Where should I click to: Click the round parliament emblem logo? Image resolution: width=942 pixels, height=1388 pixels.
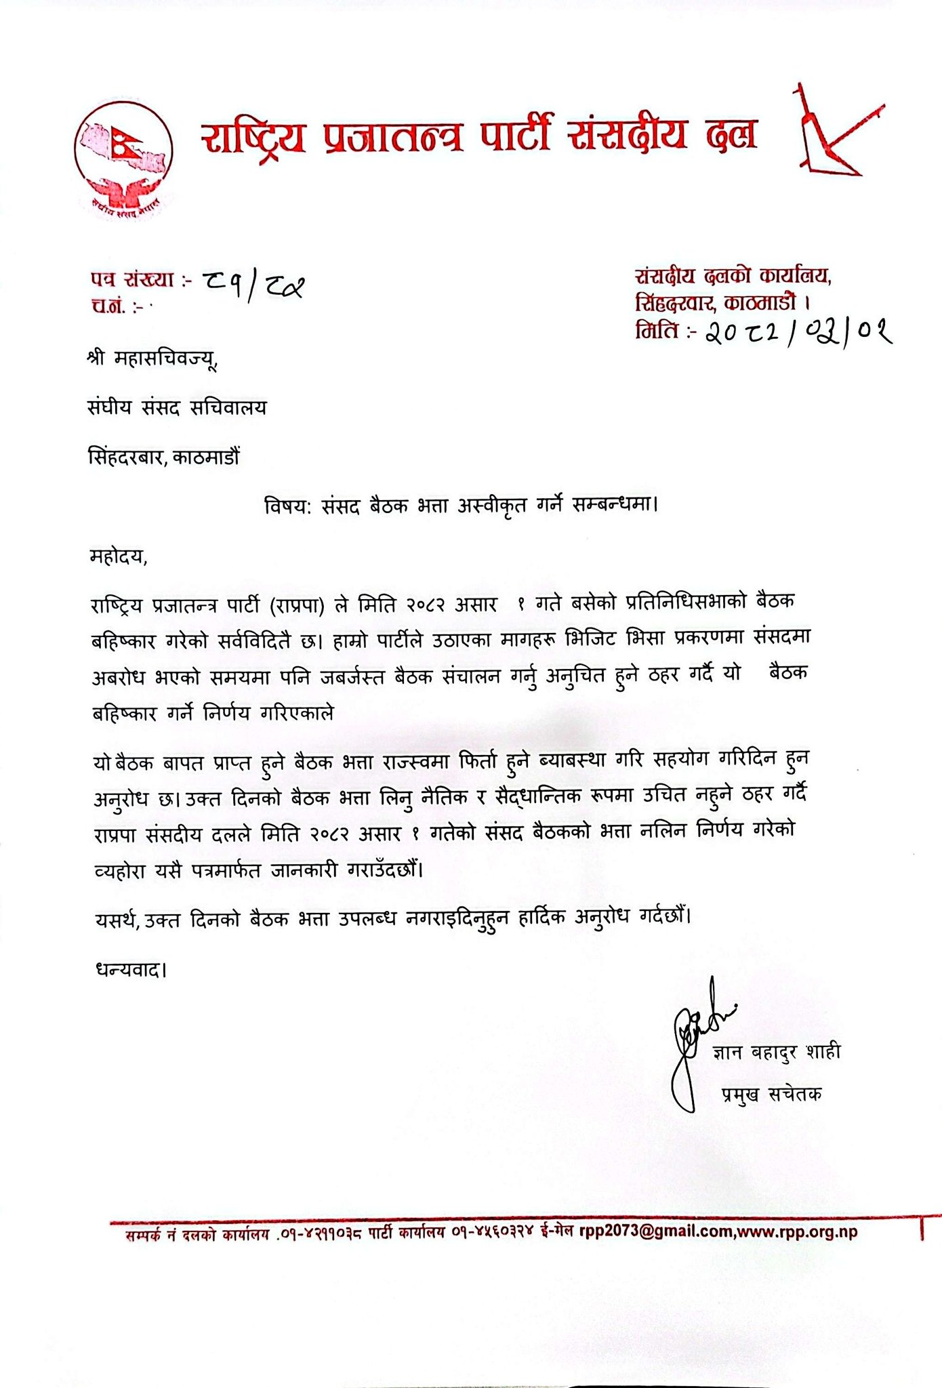[x=123, y=158]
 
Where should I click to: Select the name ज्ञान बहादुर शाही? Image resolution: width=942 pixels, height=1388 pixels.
[x=776, y=1052]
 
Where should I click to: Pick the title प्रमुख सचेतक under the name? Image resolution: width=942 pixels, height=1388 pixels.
[x=771, y=1094]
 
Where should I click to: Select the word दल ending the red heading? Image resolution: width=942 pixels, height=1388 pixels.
[x=731, y=134]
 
